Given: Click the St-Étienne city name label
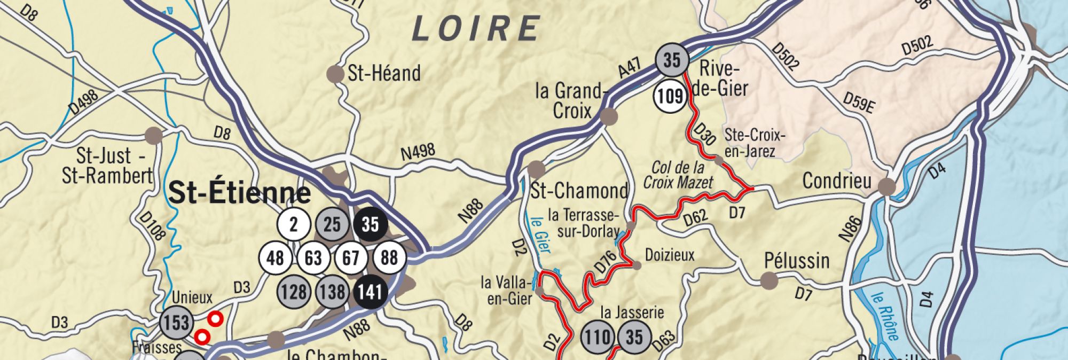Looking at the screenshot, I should (x=239, y=194).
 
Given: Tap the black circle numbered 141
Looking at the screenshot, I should (x=370, y=292).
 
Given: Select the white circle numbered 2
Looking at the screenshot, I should (x=293, y=224).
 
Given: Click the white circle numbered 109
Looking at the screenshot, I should (x=670, y=96).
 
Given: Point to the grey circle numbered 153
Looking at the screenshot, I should (x=176, y=323).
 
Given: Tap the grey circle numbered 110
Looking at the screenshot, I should (x=597, y=337).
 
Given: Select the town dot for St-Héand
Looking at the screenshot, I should (x=335, y=74).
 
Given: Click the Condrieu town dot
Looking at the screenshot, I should (x=886, y=186).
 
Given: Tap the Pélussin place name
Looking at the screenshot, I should (x=797, y=261).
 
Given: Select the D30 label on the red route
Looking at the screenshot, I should (x=704, y=135).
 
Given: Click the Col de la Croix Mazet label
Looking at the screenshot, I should (x=678, y=175).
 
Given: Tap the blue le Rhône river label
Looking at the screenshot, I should (x=885, y=315).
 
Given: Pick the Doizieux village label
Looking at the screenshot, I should (x=670, y=255).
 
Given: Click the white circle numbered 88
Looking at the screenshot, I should (x=389, y=258).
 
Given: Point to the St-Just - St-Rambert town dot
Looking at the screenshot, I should (x=154, y=135).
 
